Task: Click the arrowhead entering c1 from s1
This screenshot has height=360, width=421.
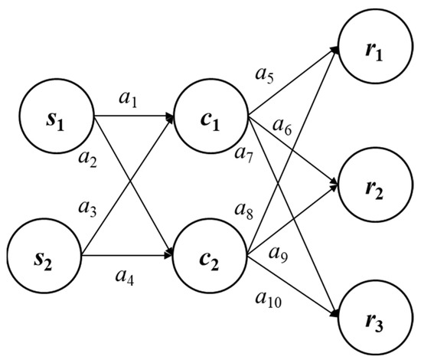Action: (x=171, y=118)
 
